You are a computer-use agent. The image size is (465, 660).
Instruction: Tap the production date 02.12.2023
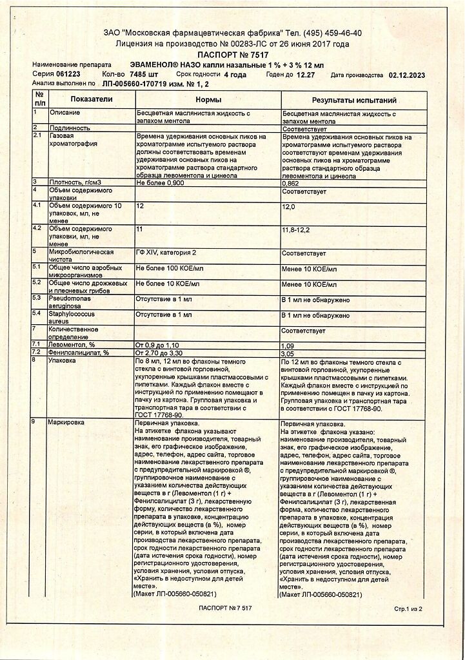click(408, 74)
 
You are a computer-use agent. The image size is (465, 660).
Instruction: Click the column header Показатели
click(92, 100)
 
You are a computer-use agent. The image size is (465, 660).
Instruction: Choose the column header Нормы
click(208, 100)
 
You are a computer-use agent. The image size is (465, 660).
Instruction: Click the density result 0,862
click(291, 182)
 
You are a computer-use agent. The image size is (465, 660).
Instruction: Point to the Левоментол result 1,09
click(288, 345)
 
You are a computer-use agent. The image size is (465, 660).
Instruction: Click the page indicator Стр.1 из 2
click(408, 608)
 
